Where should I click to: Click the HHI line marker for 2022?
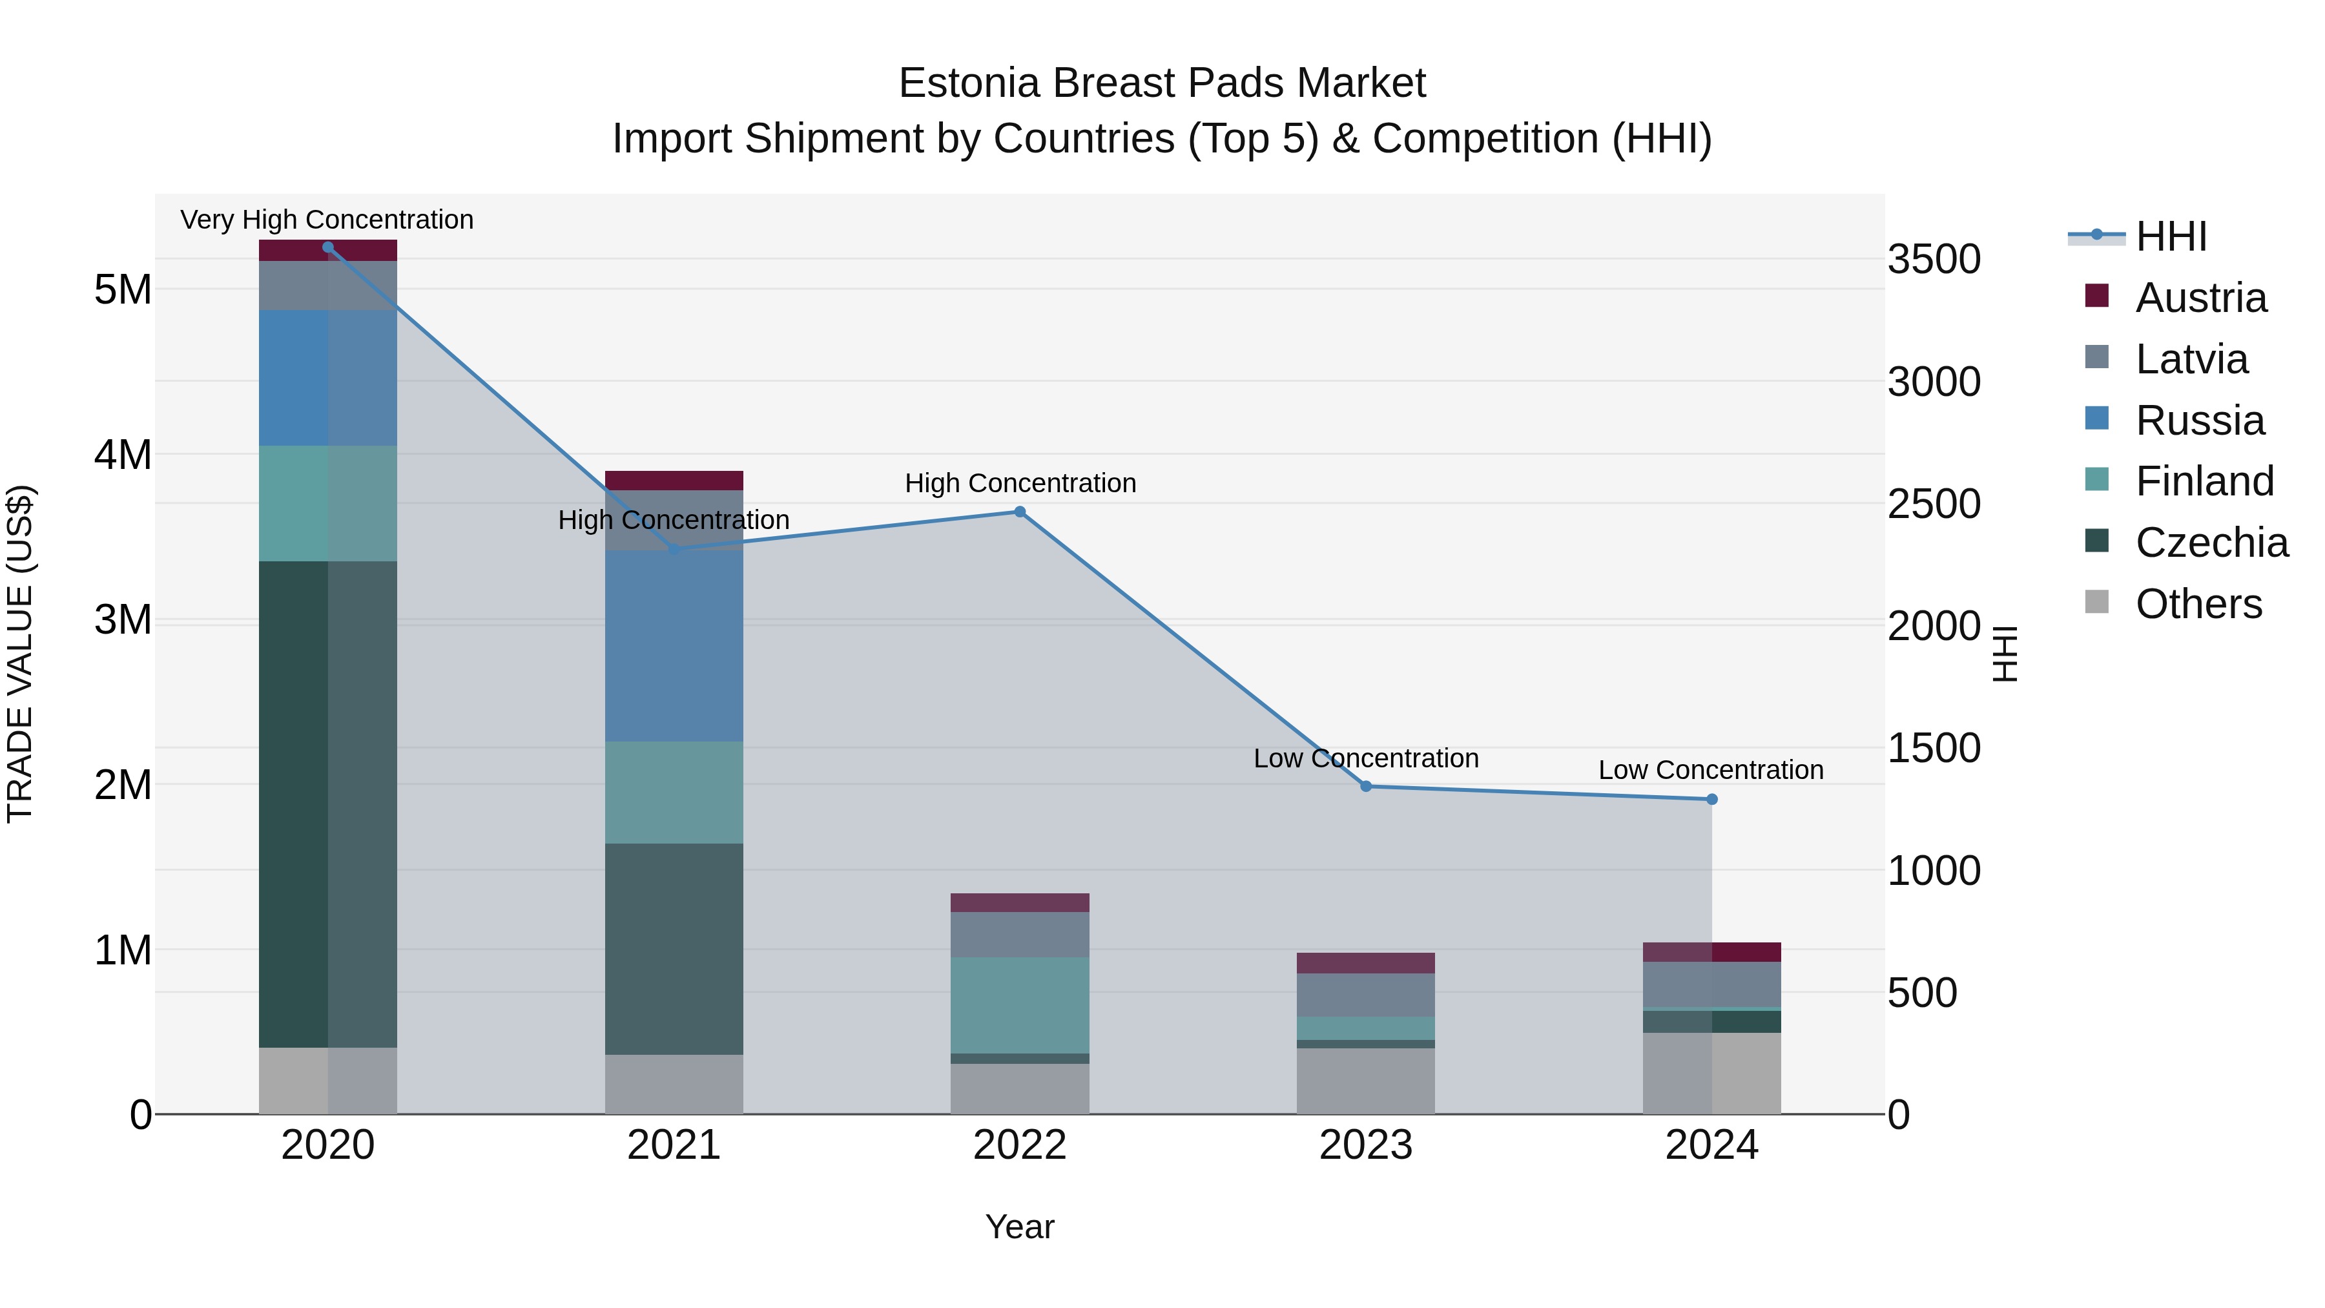click(1019, 512)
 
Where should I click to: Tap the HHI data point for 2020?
click(327, 247)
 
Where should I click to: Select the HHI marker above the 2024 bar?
click(1711, 799)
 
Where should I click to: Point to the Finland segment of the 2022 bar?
click(1019, 1004)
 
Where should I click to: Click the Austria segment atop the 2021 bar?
click(674, 480)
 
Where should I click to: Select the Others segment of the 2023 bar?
click(1365, 1081)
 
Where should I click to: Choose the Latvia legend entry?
click(2191, 359)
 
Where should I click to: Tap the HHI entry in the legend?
click(2171, 236)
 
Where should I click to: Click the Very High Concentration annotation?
click(327, 220)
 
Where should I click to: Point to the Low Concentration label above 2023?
click(1365, 758)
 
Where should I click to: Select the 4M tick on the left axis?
click(123, 455)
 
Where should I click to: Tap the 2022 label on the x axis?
click(1019, 1145)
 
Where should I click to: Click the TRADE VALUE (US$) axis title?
click(20, 654)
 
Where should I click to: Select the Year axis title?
click(1019, 1227)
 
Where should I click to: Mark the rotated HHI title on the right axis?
click(2003, 654)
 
